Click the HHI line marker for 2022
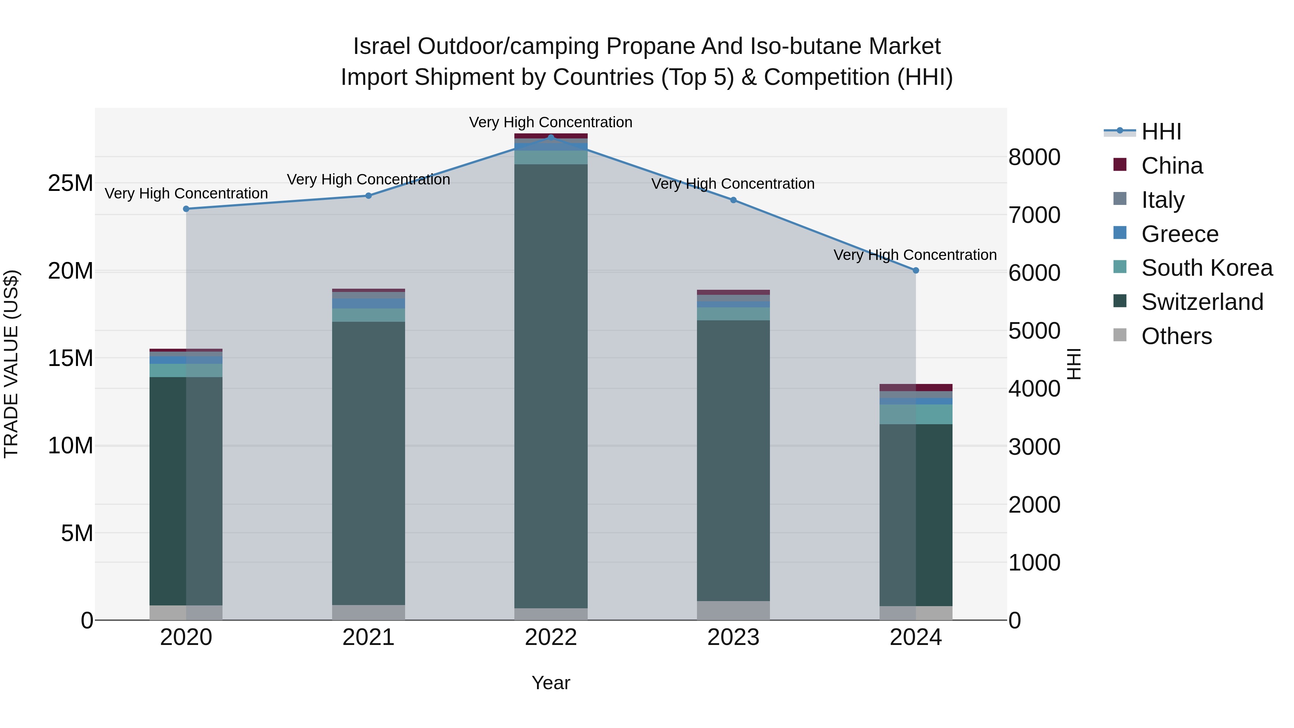(551, 137)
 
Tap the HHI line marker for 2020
(186, 209)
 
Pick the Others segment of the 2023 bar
(733, 610)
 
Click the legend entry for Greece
(1179, 234)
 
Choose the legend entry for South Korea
(1207, 268)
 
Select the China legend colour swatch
(1120, 165)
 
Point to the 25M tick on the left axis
(70, 183)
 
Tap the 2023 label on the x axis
(733, 637)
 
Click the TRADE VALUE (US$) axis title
(11, 364)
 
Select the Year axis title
(551, 683)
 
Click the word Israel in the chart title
(381, 46)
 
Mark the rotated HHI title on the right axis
(1073, 364)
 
